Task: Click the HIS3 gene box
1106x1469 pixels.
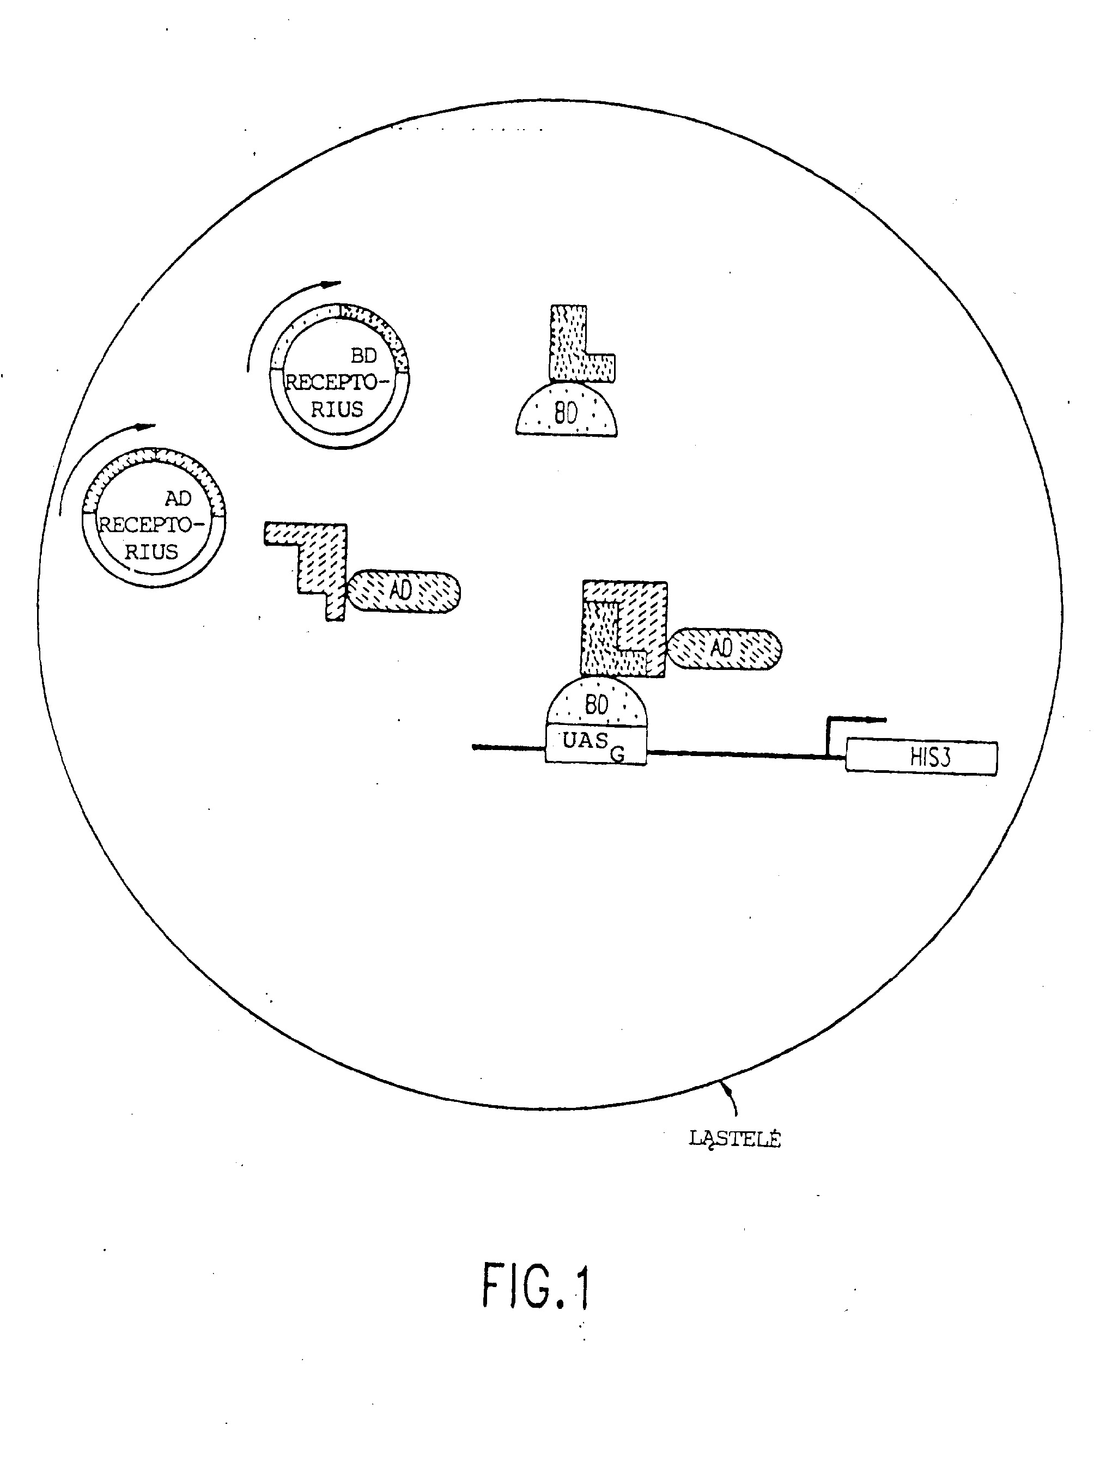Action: (x=921, y=757)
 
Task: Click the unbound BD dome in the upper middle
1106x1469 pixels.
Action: (x=567, y=409)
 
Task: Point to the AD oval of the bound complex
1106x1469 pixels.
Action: (x=724, y=649)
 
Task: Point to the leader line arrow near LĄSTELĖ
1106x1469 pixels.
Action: (x=731, y=1098)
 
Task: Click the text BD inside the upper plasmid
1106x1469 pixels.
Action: (x=363, y=356)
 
